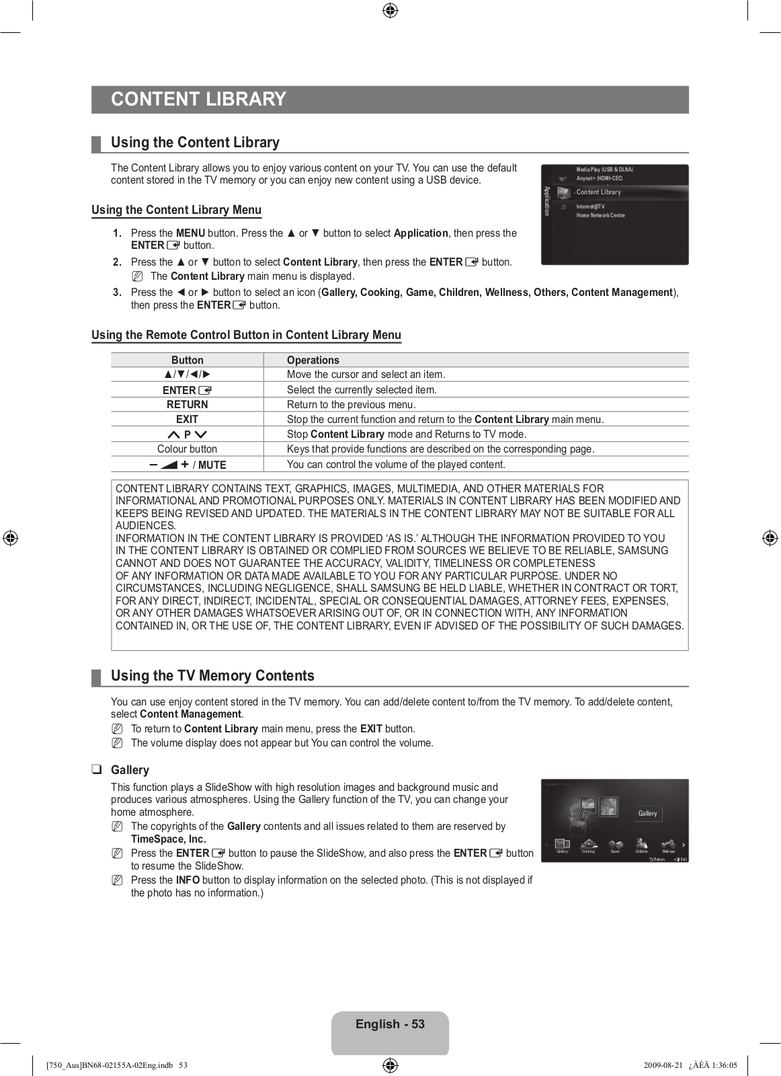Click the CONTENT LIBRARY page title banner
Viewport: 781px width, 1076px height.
click(x=199, y=100)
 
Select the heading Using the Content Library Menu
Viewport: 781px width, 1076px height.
click(x=176, y=210)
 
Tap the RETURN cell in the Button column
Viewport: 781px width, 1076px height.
click(x=187, y=404)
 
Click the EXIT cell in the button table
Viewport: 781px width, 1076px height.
click(x=187, y=419)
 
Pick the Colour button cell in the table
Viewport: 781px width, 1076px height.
click(x=187, y=449)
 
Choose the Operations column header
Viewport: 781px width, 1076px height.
click(x=313, y=360)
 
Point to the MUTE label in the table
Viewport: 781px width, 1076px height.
click(x=212, y=465)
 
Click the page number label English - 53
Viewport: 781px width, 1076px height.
click(x=390, y=1024)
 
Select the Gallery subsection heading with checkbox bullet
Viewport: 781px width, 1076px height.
click(x=130, y=770)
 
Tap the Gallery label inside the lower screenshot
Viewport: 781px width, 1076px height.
click(x=647, y=813)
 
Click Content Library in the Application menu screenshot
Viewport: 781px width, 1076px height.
click(x=598, y=192)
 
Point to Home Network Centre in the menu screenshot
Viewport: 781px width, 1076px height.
click(x=600, y=215)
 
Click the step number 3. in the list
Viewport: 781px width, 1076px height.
click(x=117, y=293)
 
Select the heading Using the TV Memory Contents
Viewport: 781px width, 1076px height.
click(x=212, y=676)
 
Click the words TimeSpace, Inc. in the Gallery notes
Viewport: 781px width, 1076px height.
click(x=168, y=839)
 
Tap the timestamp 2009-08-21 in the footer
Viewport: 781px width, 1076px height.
click(x=663, y=1065)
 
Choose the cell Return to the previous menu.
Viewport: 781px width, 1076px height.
click(x=351, y=404)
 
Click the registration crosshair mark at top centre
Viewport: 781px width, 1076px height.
click(x=390, y=11)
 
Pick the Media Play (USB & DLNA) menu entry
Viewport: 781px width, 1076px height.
click(x=604, y=169)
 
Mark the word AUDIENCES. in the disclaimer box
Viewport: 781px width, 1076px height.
click(x=145, y=525)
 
